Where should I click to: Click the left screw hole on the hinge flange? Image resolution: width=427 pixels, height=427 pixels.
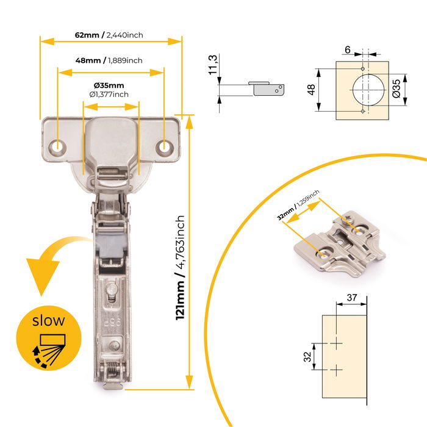coord(59,146)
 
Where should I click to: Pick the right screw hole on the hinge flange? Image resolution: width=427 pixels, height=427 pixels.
coord(164,146)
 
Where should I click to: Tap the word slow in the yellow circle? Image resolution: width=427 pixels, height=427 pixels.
coord(48,320)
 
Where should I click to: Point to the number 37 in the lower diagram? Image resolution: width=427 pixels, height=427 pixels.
coord(351,298)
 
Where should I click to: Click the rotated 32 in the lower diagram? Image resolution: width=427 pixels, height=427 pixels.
coord(309,356)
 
